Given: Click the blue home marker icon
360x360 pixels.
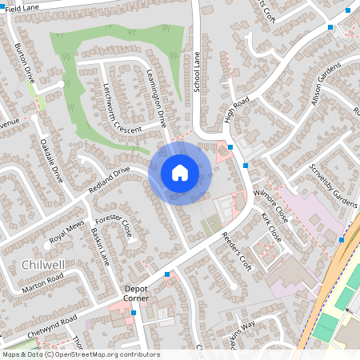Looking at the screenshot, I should [180, 173].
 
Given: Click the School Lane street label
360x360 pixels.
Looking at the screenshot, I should [197, 72].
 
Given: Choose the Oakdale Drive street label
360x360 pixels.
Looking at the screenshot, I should [51, 159].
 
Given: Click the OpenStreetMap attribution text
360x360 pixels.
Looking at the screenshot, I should [80, 354].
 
